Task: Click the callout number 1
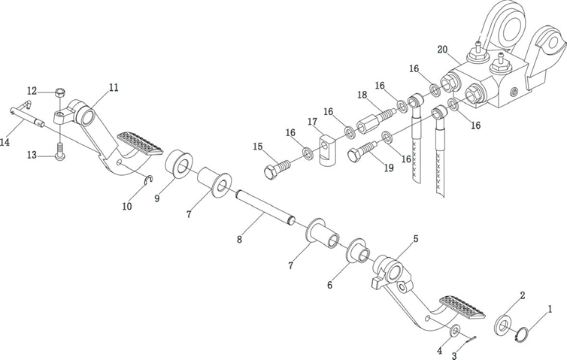pos(550,308)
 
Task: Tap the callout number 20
pos(443,50)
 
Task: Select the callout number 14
pos(5,141)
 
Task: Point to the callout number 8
pos(239,240)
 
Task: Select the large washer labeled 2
pos(502,326)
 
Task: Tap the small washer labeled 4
pos(456,331)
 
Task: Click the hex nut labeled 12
pos(59,92)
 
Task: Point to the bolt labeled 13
pos(60,156)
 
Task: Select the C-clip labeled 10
pos(148,180)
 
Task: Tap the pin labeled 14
pos(27,116)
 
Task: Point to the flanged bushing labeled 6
pos(355,251)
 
